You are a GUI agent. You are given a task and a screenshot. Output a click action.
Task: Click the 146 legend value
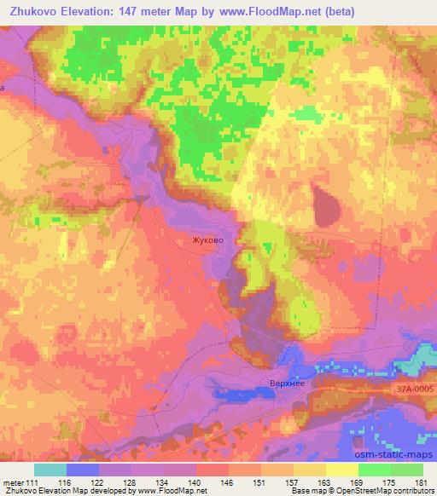229,482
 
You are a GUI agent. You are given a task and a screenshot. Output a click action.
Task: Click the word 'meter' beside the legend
12,482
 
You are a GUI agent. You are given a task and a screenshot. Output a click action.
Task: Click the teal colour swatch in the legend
50,470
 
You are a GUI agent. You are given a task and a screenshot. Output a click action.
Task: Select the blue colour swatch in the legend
83,470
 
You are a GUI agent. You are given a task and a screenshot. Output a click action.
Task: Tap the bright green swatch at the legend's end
407,470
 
